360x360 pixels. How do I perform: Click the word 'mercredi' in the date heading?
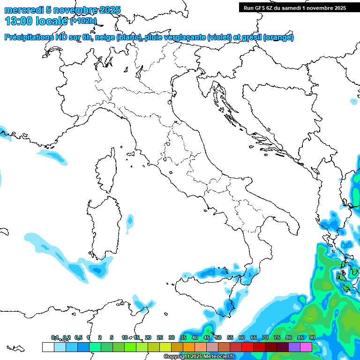[x=24, y=10]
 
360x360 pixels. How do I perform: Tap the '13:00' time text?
[x=17, y=21]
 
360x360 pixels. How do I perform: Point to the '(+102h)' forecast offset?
[x=83, y=21]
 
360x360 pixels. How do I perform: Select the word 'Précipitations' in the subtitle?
[x=29, y=37]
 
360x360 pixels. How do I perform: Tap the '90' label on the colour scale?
[x=312, y=337]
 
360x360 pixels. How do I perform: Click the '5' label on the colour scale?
[x=112, y=337]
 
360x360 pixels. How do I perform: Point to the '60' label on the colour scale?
[x=241, y=337]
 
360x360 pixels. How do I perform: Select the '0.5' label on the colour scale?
[x=78, y=337]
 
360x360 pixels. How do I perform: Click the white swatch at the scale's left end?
[x=48, y=347]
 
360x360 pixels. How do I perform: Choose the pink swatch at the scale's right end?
[x=306, y=347]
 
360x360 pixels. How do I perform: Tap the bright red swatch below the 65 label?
[x=247, y=347]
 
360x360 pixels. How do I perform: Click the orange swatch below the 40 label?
[x=189, y=347]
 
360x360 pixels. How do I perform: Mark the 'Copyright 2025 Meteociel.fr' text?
[x=199, y=357]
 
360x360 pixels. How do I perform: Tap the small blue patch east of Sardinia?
[x=130, y=222]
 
